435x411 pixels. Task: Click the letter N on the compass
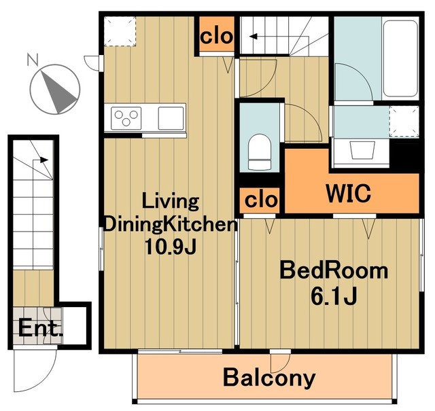tap(33, 60)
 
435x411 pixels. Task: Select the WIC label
tap(349, 193)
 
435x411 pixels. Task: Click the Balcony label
tap(269, 378)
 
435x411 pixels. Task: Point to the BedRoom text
tap(334, 270)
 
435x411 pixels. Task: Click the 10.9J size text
tap(171, 247)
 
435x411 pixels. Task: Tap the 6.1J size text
tap(334, 296)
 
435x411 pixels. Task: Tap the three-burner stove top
tap(126, 118)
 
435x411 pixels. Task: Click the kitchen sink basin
tap(171, 118)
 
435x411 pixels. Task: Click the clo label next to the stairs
tap(216, 36)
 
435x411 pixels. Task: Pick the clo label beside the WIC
tap(261, 200)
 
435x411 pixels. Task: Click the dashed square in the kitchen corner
tap(120, 31)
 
